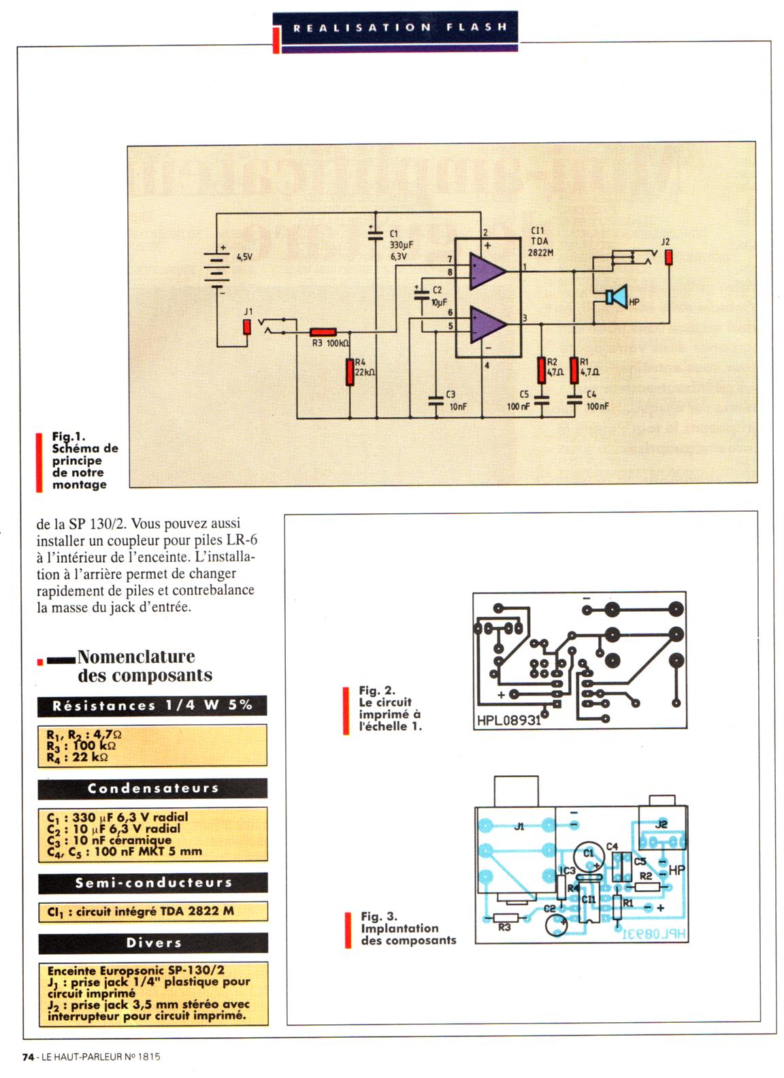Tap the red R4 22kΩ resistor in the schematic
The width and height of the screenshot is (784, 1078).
point(349,372)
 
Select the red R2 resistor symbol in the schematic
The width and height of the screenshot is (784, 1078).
point(541,370)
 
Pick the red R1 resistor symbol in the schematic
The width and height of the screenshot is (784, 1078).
point(574,370)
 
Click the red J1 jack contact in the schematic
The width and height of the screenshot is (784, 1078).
point(247,327)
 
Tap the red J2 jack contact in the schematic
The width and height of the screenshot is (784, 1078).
point(668,257)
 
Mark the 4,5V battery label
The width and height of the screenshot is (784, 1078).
point(244,257)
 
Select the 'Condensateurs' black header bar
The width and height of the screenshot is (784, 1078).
point(152,788)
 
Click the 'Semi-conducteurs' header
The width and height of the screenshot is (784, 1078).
point(152,883)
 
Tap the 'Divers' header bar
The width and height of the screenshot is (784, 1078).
point(152,943)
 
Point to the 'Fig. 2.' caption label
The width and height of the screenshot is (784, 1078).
point(376,690)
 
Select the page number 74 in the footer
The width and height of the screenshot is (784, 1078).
point(28,1057)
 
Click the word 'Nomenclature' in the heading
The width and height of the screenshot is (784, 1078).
point(136,657)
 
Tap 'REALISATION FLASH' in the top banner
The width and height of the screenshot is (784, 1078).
point(399,28)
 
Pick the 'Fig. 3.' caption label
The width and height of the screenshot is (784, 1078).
point(378,916)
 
